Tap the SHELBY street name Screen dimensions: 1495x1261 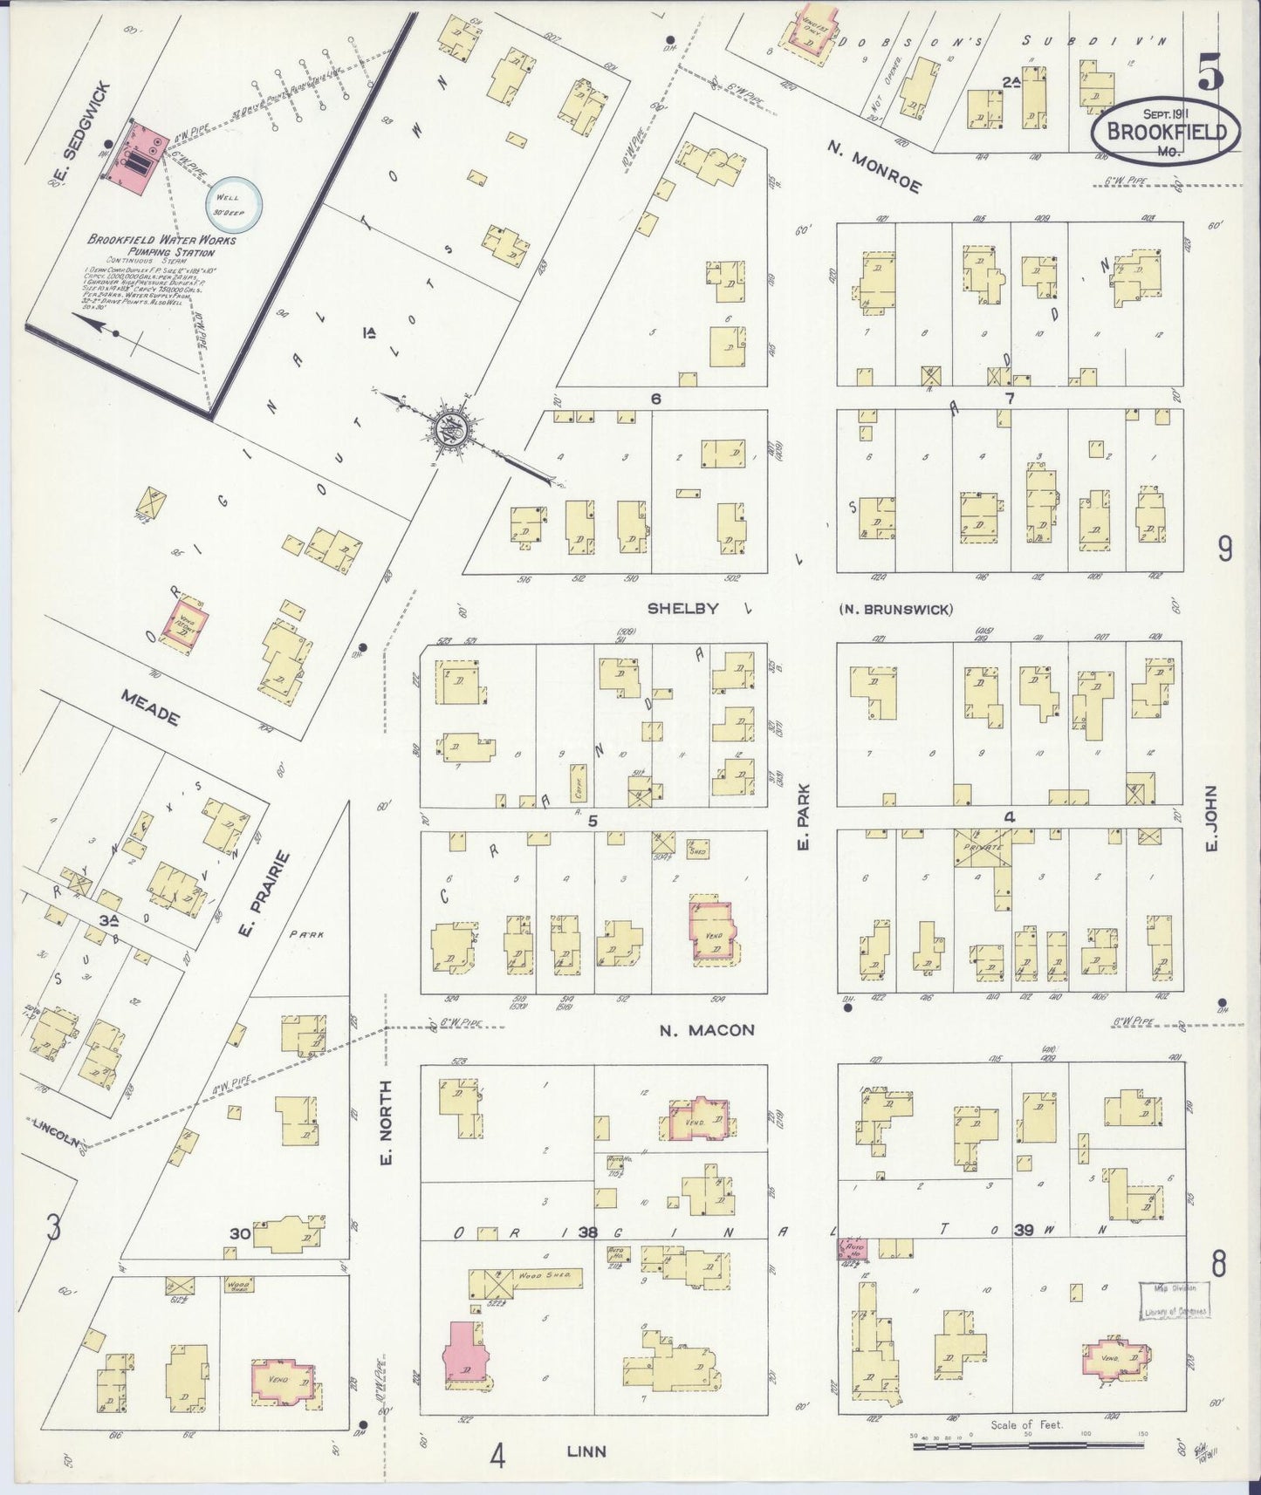click(682, 608)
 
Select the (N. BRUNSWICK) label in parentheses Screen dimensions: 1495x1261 click(895, 609)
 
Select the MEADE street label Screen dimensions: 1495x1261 click(151, 707)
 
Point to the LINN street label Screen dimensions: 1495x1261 click(586, 1451)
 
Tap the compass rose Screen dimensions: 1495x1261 click(452, 429)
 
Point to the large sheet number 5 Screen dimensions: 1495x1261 click(1210, 72)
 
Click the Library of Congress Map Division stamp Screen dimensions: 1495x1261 click(1175, 1299)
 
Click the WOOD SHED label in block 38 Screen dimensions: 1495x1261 click(545, 1276)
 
